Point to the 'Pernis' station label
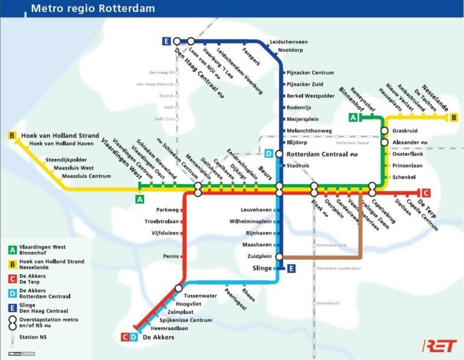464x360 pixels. [x=170, y=256]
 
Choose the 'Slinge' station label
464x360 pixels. [x=262, y=268]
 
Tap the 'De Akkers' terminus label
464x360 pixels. [x=158, y=337]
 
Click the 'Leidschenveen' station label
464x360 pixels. [x=288, y=42]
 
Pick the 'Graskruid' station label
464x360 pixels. [x=405, y=130]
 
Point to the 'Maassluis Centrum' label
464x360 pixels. [x=86, y=176]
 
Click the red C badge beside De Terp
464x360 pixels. [x=426, y=193]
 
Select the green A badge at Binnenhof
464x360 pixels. [x=353, y=117]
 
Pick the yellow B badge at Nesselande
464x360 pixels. [x=454, y=117]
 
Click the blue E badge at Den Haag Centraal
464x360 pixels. [x=166, y=41]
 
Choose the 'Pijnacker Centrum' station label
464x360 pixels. [x=309, y=73]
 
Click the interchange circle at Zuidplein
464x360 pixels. [x=279, y=257]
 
